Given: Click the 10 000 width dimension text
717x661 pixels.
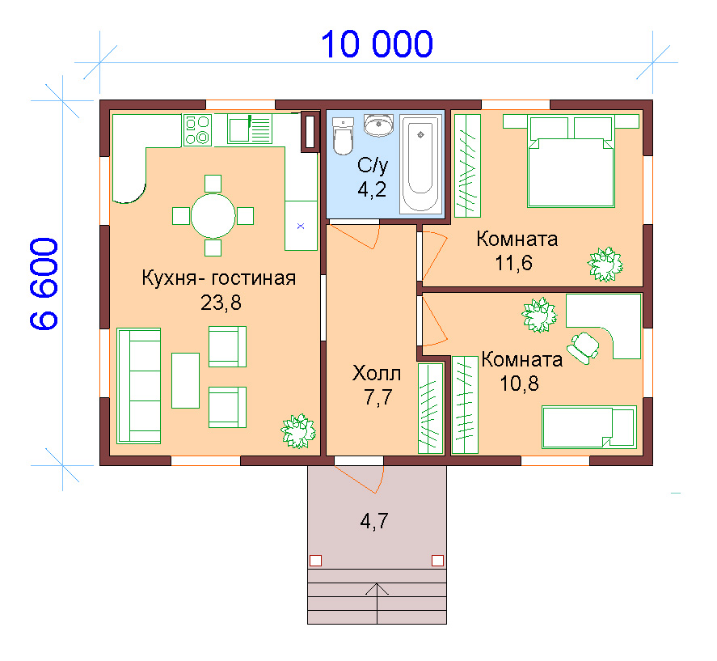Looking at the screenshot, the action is [377, 44].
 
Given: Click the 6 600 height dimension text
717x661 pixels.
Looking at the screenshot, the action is [44, 284].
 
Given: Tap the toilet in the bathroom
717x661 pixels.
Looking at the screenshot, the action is [343, 136].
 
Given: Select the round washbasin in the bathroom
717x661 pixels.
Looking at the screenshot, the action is [378, 125].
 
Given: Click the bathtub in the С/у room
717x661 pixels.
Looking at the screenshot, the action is [420, 164].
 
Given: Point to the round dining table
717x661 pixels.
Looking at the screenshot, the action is [213, 215].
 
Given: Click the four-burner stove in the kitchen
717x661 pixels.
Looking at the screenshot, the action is [197, 130].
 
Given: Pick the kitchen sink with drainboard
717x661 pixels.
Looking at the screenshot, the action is [250, 129].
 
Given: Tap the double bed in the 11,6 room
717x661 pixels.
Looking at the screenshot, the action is [570, 161].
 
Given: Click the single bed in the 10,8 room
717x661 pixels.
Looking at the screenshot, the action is [589, 427].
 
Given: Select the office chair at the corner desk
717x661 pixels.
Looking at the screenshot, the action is [583, 347].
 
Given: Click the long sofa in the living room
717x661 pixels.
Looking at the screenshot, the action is [138, 386].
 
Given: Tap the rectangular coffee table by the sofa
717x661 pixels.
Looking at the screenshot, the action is [185, 380].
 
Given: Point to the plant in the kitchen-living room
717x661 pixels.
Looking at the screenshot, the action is [298, 431].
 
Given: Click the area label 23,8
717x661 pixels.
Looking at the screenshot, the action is [221, 303].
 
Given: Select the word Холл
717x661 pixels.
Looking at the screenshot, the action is [377, 374].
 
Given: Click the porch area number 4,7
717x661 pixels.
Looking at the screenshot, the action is [374, 521].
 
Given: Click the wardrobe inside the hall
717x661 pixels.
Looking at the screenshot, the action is [431, 409].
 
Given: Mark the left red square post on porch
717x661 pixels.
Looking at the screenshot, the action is [315, 561].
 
